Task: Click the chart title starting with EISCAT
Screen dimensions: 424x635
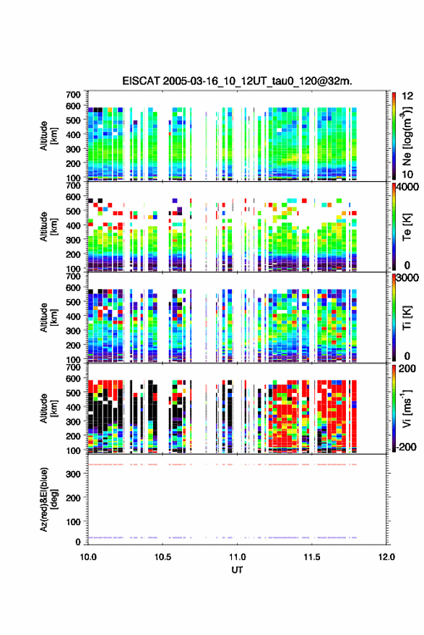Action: [x=238, y=81]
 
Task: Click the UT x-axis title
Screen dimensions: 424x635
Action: [x=237, y=570]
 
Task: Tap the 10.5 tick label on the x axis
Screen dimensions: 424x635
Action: [x=163, y=557]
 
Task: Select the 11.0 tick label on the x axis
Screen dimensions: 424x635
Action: [x=238, y=557]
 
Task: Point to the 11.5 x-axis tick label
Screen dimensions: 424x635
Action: [x=312, y=557]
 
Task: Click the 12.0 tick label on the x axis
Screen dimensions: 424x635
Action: [x=386, y=557]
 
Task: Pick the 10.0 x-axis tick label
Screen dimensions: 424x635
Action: [x=88, y=557]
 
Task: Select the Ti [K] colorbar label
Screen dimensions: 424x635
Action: [x=407, y=318]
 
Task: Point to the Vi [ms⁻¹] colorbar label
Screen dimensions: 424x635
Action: [x=407, y=408]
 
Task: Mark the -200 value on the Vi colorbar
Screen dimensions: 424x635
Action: [x=406, y=447]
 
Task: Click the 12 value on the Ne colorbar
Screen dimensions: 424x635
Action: [x=408, y=96]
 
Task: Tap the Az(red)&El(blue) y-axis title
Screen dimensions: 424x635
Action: [x=48, y=499]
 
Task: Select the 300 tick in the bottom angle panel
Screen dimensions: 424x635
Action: [x=74, y=474]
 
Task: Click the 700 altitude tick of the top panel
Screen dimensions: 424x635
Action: [x=73, y=95]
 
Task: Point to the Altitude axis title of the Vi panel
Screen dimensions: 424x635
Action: [x=48, y=408]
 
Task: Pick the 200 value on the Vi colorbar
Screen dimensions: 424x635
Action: [x=407, y=368]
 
